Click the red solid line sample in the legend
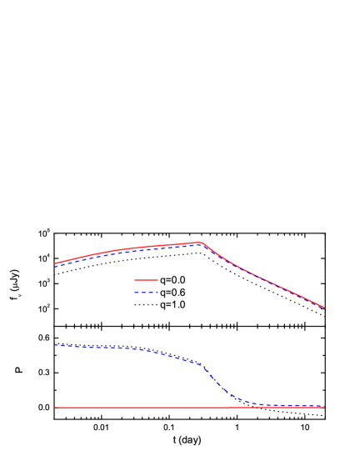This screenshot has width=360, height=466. [x=146, y=280]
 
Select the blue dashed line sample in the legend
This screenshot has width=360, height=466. [x=146, y=292]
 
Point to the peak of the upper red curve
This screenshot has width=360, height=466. [x=200, y=243]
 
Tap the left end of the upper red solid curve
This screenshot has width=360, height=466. [x=55, y=263]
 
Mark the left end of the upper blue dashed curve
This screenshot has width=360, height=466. [x=55, y=267]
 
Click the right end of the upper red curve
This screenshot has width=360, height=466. [x=323, y=307]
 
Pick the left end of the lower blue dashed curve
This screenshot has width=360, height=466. [x=55, y=345]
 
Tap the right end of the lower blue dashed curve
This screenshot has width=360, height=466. [x=323, y=406]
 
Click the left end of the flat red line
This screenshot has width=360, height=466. [x=55, y=408]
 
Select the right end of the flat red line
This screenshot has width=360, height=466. [x=323, y=408]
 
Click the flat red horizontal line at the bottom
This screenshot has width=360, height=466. [x=125, y=408]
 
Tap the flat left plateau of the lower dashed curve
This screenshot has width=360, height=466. [x=92, y=347]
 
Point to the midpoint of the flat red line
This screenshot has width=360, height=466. [x=189, y=408]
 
